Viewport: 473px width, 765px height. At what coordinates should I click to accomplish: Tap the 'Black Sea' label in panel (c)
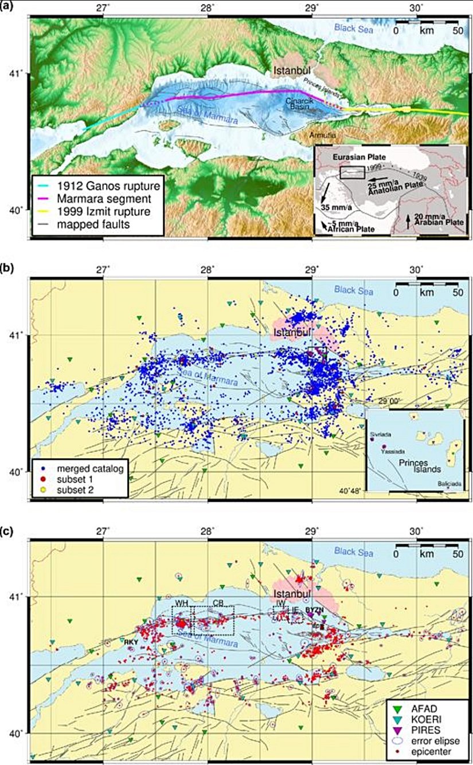point(354,553)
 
